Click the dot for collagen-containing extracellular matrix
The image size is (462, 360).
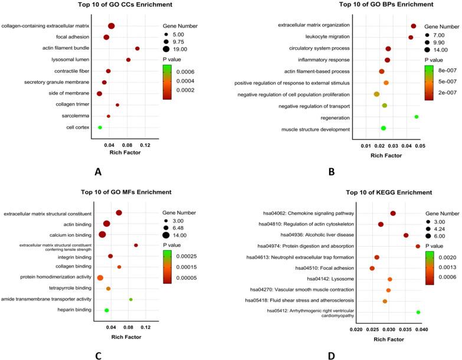tap(111, 26)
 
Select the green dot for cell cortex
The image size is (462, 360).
tap(100, 127)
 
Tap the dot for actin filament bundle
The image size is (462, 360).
tap(137, 48)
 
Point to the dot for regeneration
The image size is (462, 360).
tap(417, 117)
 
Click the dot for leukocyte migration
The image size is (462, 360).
tap(411, 37)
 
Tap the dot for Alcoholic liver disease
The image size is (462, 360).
tap(406, 235)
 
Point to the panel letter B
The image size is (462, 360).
tap(332, 172)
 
